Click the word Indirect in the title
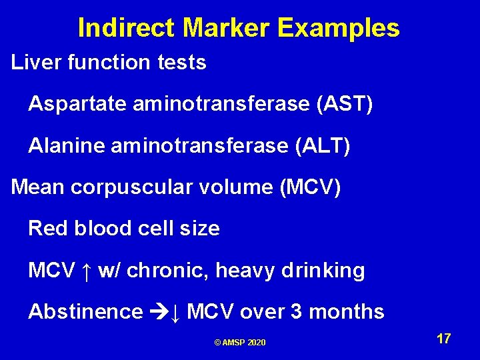(x=127, y=28)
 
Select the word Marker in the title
(x=227, y=28)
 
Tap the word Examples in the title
(x=339, y=28)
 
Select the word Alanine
(x=64, y=146)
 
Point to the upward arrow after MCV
(x=86, y=271)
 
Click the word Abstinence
(x=85, y=312)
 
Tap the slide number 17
(x=443, y=339)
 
